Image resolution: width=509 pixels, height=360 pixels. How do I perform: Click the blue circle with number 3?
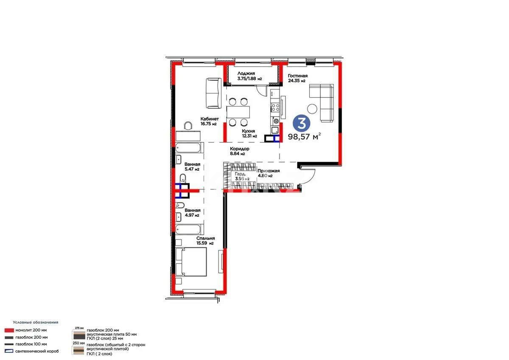point(302,123)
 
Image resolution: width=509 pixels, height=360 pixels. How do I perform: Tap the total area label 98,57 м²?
point(304,137)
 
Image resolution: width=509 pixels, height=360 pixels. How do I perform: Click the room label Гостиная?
point(297,76)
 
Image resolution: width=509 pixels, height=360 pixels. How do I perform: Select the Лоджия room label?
point(246,73)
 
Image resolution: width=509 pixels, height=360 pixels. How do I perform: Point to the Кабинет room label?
point(210,119)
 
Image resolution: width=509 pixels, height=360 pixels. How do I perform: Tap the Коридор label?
point(239,149)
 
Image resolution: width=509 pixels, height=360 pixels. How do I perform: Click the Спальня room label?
point(205,239)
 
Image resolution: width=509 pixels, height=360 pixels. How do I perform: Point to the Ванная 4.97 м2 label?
point(192,210)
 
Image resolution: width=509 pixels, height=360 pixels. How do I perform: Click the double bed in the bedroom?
point(191,262)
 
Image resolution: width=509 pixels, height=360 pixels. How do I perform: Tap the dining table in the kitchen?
point(238,112)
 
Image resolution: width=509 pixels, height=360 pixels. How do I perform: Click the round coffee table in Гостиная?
point(313,109)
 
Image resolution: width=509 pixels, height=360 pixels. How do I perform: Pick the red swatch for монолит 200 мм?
point(9,330)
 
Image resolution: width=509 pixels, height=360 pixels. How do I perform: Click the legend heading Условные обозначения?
point(35,322)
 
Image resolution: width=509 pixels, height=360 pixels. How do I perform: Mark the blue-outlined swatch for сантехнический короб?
point(9,351)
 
